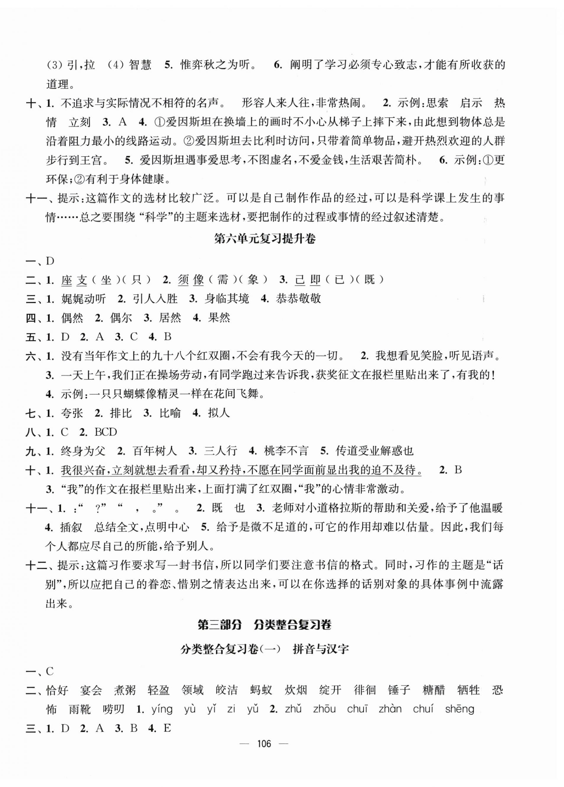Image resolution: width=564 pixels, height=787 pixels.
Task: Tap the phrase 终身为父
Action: click(x=83, y=451)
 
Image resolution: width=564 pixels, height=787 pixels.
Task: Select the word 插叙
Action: click(x=71, y=527)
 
